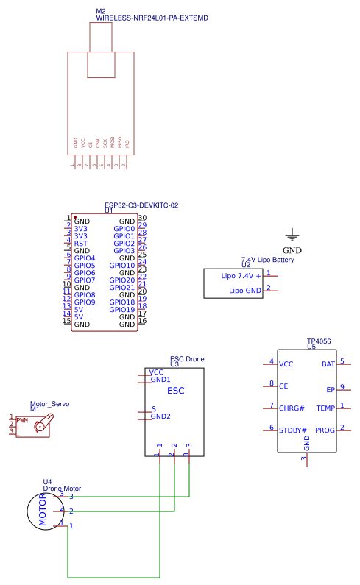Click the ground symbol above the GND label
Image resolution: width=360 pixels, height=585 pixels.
point(292,235)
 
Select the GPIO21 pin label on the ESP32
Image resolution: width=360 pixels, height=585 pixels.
point(121,288)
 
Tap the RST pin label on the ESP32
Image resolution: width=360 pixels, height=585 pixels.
point(81,244)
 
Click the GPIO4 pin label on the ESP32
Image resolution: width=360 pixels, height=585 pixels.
point(85,258)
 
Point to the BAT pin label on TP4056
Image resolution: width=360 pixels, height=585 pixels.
point(328,364)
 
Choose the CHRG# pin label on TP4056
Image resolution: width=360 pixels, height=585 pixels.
point(292,407)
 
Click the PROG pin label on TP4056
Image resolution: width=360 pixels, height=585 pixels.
point(325,430)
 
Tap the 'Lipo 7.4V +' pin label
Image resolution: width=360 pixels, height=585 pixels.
point(241,276)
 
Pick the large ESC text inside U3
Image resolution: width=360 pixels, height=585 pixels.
point(176,391)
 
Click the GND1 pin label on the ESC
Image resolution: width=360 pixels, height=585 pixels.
point(160,380)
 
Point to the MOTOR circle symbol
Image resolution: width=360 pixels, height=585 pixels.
point(43,511)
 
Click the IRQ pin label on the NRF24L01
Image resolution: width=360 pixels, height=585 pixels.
point(127,144)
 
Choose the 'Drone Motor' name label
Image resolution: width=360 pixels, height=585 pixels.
point(62,488)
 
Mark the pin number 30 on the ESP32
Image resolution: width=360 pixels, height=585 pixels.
point(142,219)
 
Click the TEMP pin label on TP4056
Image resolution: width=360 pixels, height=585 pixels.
point(325,408)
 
